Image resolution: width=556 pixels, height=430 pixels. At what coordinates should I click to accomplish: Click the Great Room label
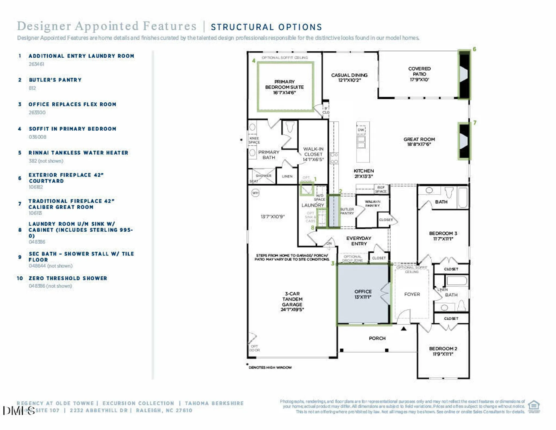[x=419, y=142]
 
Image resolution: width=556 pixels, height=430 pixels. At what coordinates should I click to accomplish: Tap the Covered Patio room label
[x=419, y=74]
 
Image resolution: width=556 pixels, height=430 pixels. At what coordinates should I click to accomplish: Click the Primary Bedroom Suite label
[x=284, y=87]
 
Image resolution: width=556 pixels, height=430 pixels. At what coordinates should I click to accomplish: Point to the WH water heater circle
[x=255, y=193]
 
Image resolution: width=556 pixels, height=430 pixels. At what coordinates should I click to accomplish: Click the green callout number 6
[x=474, y=49]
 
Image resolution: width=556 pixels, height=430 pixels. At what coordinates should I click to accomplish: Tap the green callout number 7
[x=475, y=123]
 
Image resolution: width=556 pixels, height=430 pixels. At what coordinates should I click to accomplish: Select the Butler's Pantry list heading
[x=55, y=80]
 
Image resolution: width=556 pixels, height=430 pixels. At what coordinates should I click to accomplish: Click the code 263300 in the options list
[x=37, y=112]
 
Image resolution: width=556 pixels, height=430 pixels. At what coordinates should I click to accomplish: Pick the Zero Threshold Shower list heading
[x=68, y=278]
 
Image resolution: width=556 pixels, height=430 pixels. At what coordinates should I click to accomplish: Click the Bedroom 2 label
[x=443, y=351]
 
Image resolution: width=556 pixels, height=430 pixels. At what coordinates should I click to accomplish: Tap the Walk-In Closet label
[x=313, y=154]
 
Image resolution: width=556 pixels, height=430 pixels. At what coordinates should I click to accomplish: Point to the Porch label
[x=377, y=338]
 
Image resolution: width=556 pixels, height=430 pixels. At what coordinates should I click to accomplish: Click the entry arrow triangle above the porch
[x=403, y=329]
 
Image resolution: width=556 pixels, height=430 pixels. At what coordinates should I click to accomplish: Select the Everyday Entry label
[x=359, y=241]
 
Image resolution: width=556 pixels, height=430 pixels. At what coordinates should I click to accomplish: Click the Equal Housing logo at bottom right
[x=534, y=406]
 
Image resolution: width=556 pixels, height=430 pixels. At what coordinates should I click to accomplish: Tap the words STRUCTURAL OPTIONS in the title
[x=266, y=27]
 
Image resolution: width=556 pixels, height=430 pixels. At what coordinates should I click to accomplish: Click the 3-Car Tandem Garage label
[x=292, y=302]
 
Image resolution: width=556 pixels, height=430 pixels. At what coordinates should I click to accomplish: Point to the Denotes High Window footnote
[x=270, y=368]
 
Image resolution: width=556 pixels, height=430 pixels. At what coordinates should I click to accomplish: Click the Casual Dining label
[x=349, y=77]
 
